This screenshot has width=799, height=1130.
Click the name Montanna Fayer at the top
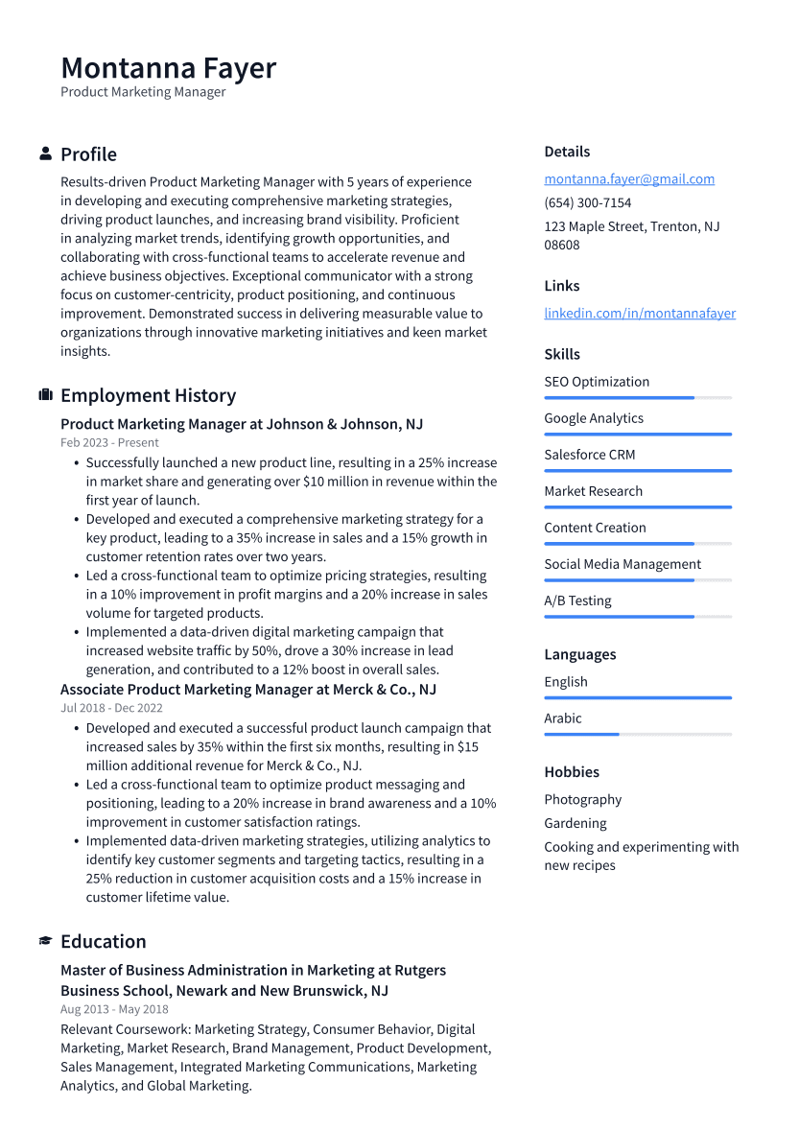click(168, 68)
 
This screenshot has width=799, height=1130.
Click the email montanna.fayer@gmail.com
click(628, 179)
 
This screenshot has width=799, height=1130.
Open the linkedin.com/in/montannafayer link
click(640, 314)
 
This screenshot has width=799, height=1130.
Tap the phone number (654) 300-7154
click(587, 203)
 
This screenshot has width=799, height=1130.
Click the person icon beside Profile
click(45, 154)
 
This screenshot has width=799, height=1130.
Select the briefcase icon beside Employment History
click(45, 395)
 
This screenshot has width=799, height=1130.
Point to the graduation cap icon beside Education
click(45, 942)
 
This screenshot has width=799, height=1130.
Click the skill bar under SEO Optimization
click(637, 398)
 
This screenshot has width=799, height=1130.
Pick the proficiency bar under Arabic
click(637, 735)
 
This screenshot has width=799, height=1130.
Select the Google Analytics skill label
click(593, 418)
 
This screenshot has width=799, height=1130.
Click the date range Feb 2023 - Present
click(109, 443)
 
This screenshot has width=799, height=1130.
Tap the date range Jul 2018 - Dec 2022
click(111, 709)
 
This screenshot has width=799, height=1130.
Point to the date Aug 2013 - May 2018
click(114, 1009)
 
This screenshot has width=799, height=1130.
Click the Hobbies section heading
click(571, 772)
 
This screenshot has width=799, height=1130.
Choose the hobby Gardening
click(575, 823)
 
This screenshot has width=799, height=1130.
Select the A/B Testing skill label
click(576, 601)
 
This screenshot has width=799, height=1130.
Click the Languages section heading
click(579, 655)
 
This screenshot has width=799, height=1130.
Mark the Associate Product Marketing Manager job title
click(247, 690)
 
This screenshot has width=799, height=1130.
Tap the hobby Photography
click(582, 800)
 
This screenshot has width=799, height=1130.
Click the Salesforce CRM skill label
click(589, 455)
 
